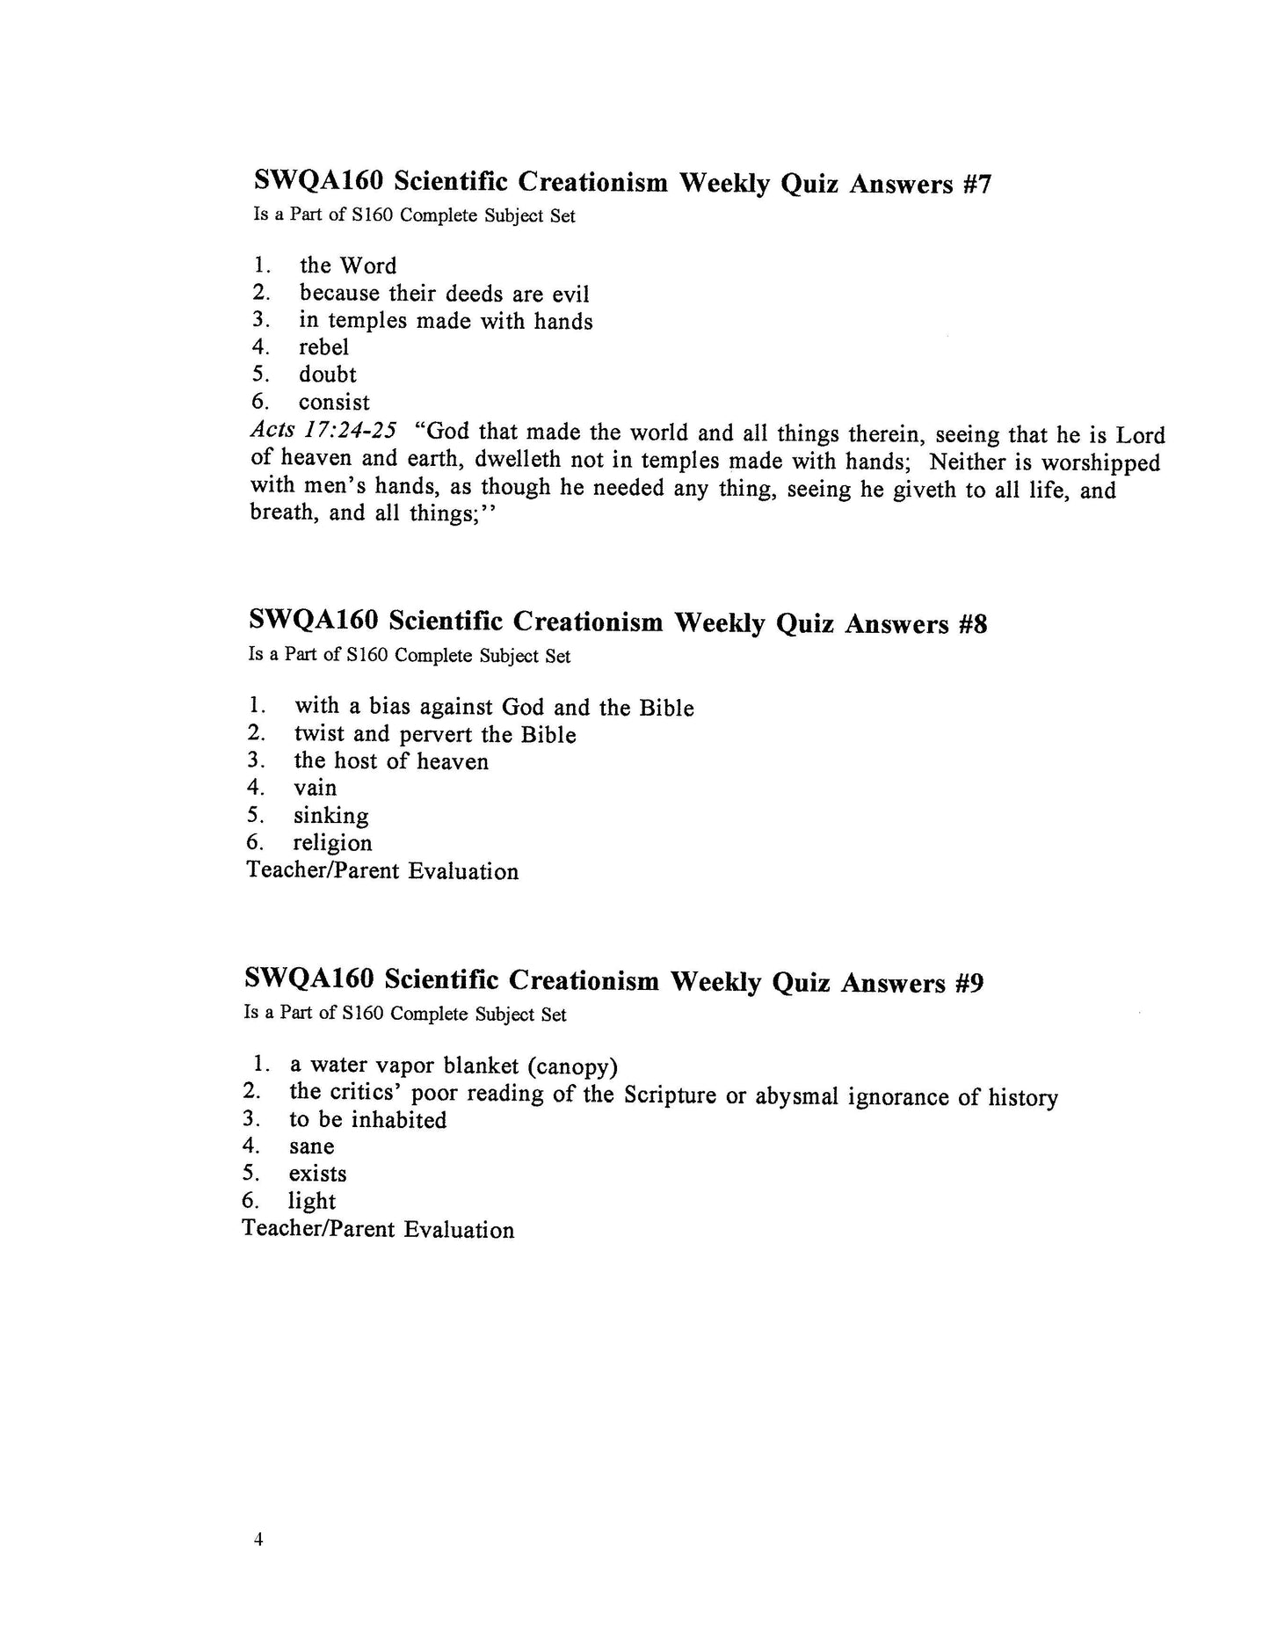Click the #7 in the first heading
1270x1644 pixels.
click(x=976, y=185)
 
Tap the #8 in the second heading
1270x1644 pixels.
click(x=972, y=625)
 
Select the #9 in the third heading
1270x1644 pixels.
click(x=968, y=984)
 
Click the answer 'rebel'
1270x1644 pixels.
click(x=323, y=347)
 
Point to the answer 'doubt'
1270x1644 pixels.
click(x=327, y=375)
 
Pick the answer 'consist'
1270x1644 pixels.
click(x=334, y=403)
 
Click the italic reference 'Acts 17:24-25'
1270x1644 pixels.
click(x=323, y=430)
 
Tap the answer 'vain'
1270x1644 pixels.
click(x=316, y=788)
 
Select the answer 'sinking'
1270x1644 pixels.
click(x=330, y=816)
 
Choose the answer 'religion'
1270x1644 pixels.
click(x=332, y=843)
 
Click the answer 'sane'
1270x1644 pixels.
click(x=311, y=1146)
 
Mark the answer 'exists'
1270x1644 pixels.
click(x=317, y=1174)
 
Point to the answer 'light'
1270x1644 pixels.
click(x=312, y=1201)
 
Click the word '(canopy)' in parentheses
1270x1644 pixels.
click(x=572, y=1067)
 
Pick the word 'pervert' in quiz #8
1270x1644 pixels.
click(x=435, y=735)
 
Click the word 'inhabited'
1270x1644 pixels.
click(x=399, y=1120)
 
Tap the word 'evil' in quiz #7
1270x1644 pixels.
click(x=570, y=294)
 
